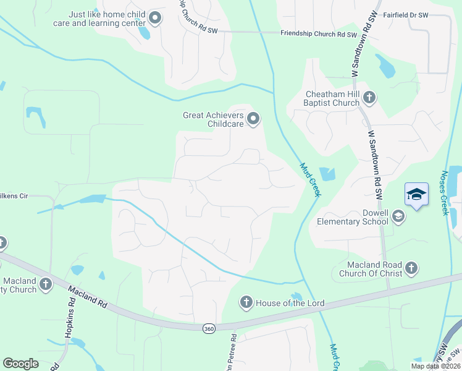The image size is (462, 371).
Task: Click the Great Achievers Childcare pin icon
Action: (253, 119)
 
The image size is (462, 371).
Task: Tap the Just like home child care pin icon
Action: (154, 19)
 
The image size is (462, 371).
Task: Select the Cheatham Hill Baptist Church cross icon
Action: (369, 98)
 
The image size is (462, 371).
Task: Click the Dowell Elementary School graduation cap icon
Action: (398, 216)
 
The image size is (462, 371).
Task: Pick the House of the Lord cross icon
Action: (246, 302)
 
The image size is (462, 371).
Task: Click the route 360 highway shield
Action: (209, 328)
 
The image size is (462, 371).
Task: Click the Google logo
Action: (21, 364)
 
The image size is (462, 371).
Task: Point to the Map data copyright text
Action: (435, 366)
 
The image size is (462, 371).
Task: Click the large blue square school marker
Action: (416, 195)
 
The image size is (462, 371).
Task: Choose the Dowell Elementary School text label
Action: (353, 216)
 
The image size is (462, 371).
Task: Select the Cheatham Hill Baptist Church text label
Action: (332, 98)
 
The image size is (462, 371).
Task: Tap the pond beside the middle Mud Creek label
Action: (327, 174)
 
